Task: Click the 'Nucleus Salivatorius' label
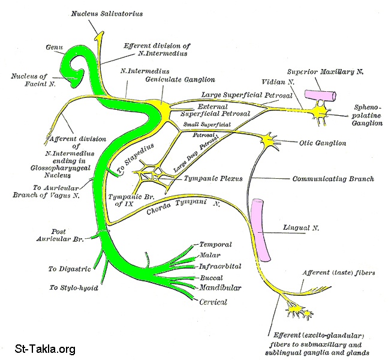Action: point(107,13)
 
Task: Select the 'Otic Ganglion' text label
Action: point(322,143)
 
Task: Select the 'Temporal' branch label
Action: point(215,245)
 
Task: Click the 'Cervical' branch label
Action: point(213,302)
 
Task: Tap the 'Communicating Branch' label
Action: point(332,179)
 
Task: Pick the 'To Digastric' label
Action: point(69,269)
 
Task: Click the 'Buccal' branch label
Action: point(212,278)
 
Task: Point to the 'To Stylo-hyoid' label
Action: point(73,287)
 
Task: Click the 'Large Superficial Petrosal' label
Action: point(246,95)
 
